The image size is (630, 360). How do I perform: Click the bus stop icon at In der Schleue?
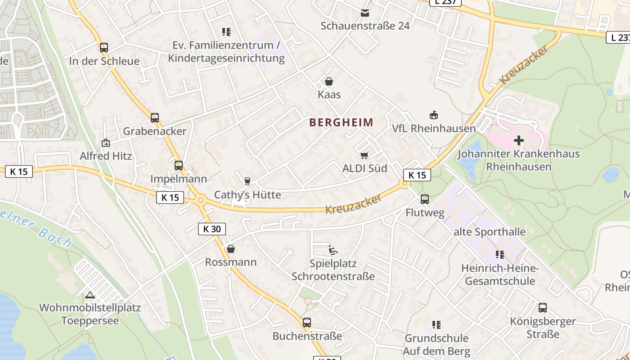(104, 47)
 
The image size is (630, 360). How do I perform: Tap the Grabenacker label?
(154, 131)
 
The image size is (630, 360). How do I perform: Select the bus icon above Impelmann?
(179, 165)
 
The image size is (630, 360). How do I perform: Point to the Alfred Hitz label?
(106, 156)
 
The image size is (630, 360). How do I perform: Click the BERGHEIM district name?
(342, 122)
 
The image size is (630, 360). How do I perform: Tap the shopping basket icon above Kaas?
(329, 81)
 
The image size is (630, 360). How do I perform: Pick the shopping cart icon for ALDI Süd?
(364, 155)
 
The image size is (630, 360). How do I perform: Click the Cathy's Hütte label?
(247, 194)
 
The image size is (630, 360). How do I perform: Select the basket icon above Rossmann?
(231, 249)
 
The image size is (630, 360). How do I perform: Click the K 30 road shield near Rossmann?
(212, 229)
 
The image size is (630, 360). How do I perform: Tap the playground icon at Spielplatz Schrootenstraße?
(333, 250)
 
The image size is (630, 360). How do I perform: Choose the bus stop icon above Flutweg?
(425, 199)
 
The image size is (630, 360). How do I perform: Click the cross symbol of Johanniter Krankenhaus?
(518, 140)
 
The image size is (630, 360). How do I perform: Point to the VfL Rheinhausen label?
(433, 128)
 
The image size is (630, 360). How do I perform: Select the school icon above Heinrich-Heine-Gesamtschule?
(500, 255)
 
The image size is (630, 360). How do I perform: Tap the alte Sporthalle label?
(489, 232)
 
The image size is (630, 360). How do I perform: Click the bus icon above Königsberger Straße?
(543, 308)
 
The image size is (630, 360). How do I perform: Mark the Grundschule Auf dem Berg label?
(436, 344)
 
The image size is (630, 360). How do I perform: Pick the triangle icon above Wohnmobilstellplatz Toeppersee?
(90, 295)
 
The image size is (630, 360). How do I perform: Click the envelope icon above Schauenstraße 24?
(365, 13)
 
